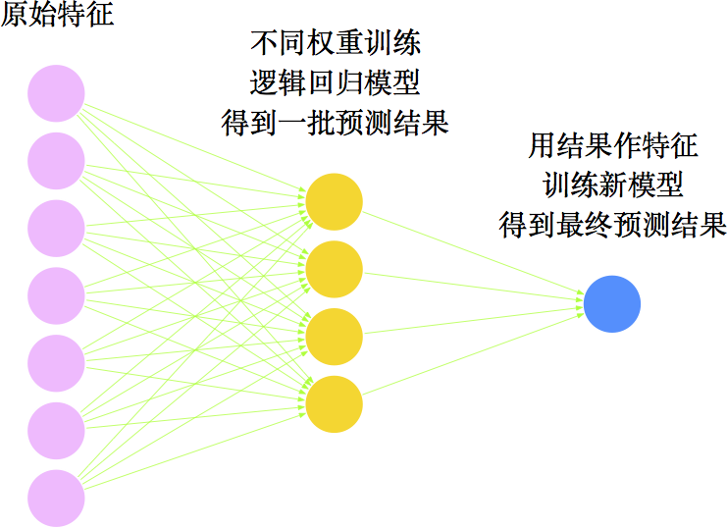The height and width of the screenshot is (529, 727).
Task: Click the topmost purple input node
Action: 56,93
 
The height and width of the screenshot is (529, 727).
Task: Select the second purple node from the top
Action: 56,161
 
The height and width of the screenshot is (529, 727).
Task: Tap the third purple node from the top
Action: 56,229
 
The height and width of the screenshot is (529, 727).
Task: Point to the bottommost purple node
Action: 56,499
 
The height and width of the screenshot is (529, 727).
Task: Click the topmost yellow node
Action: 334,201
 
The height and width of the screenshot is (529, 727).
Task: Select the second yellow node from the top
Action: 334,269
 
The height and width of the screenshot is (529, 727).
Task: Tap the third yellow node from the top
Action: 334,337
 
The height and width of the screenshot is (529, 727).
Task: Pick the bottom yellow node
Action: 334,404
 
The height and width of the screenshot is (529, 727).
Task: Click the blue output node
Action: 611,303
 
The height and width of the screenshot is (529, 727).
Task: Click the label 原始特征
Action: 57,17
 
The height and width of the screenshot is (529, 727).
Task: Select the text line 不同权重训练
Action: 336,44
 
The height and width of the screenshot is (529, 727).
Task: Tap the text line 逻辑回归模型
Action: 336,83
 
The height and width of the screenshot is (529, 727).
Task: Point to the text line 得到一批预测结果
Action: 336,124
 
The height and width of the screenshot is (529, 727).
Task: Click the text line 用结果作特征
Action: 613,146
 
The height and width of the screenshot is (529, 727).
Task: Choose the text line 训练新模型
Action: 613,185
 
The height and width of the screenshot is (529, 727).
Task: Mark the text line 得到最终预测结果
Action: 613,225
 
